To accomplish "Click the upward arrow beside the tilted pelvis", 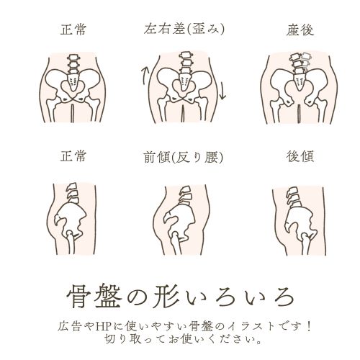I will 145,73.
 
